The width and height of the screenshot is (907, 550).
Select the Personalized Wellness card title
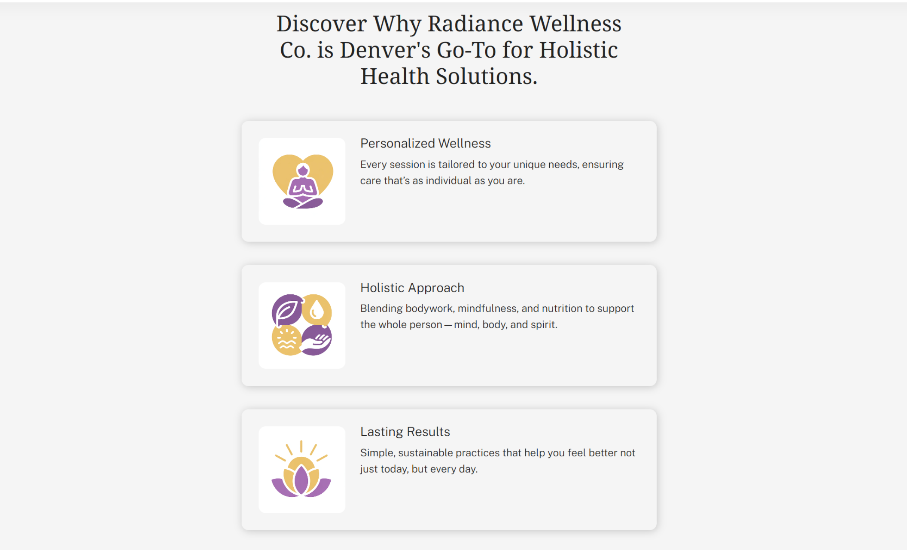tap(425, 144)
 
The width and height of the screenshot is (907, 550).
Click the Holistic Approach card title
tap(412, 288)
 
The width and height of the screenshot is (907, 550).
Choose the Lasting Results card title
tap(405, 432)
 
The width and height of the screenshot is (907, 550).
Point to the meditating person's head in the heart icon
tap(303, 171)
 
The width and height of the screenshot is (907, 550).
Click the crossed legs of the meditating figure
tap(303, 202)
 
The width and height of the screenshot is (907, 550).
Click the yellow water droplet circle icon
tap(317, 309)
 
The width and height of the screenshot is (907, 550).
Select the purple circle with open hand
tap(317, 340)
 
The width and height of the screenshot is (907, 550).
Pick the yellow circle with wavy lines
tap(286, 340)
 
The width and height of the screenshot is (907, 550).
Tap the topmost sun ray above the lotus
tap(301, 446)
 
